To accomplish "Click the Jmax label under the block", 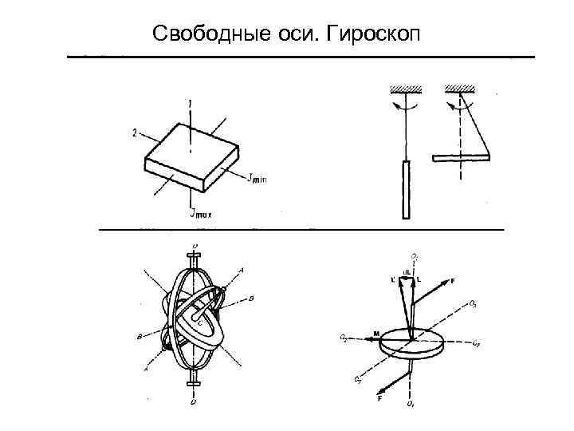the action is click(200, 213).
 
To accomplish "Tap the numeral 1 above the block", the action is click(190, 103).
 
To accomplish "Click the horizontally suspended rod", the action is click(462, 157).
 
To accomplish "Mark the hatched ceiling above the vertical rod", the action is click(406, 86).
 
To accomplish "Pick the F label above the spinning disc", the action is click(453, 281).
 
